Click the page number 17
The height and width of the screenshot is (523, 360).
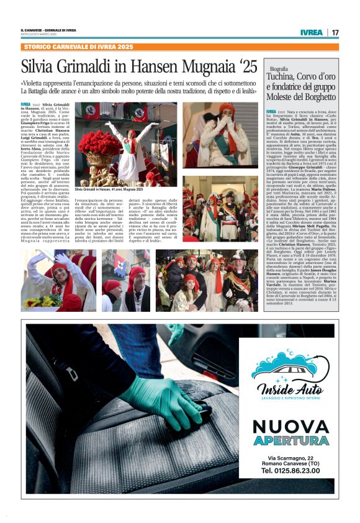coord(335,32)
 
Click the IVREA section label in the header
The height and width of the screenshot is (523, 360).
coord(311,32)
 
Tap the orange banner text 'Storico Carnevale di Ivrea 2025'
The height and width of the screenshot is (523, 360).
coord(78,47)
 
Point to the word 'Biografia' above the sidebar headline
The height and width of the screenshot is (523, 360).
coord(279,68)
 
